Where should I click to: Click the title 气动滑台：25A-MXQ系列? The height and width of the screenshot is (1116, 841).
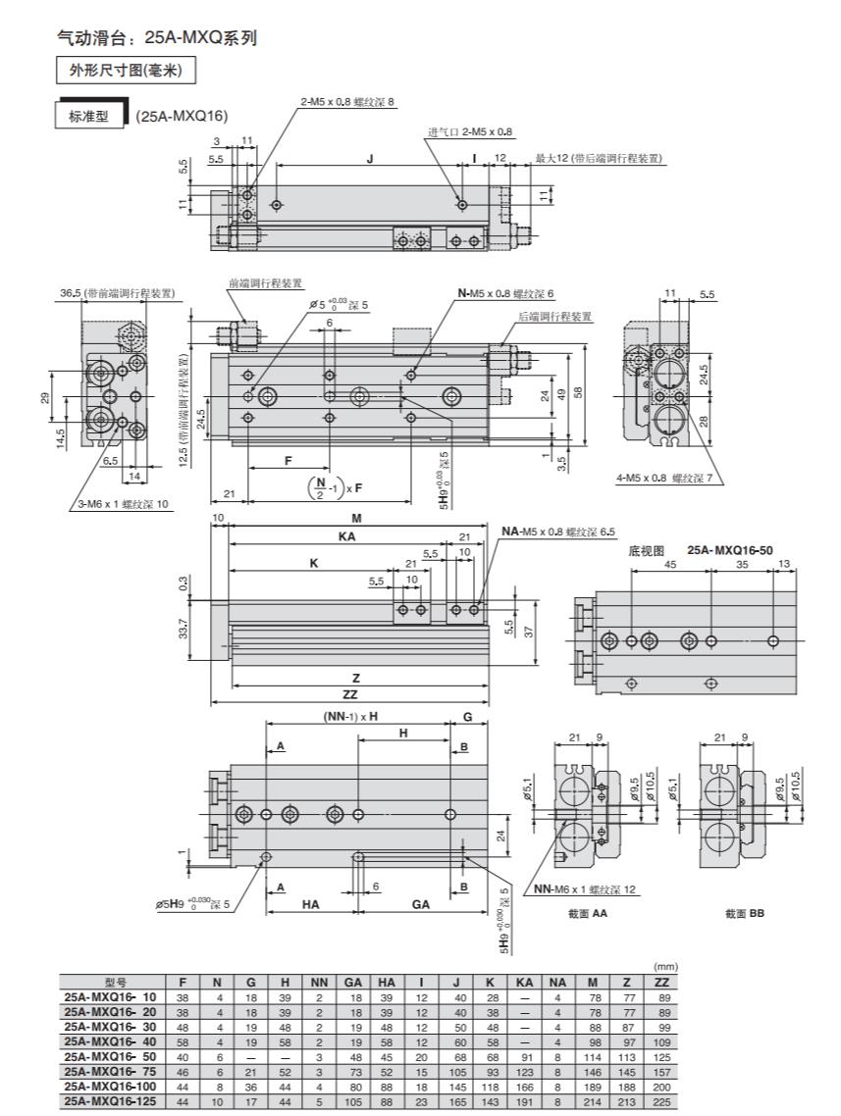157,37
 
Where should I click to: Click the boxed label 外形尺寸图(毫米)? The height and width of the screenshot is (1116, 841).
126,71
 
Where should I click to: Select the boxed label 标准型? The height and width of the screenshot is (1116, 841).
89,116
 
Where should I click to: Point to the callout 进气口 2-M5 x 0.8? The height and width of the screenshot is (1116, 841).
469,131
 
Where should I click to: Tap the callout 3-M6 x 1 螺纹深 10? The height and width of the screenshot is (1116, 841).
124,504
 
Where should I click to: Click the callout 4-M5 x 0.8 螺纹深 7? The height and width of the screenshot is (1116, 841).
663,479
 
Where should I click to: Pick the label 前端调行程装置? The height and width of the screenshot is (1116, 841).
265,283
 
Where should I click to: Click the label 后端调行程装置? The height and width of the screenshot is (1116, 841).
554,317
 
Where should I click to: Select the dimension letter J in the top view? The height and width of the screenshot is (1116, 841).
370,160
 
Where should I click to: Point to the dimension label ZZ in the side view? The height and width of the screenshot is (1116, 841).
349,694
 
